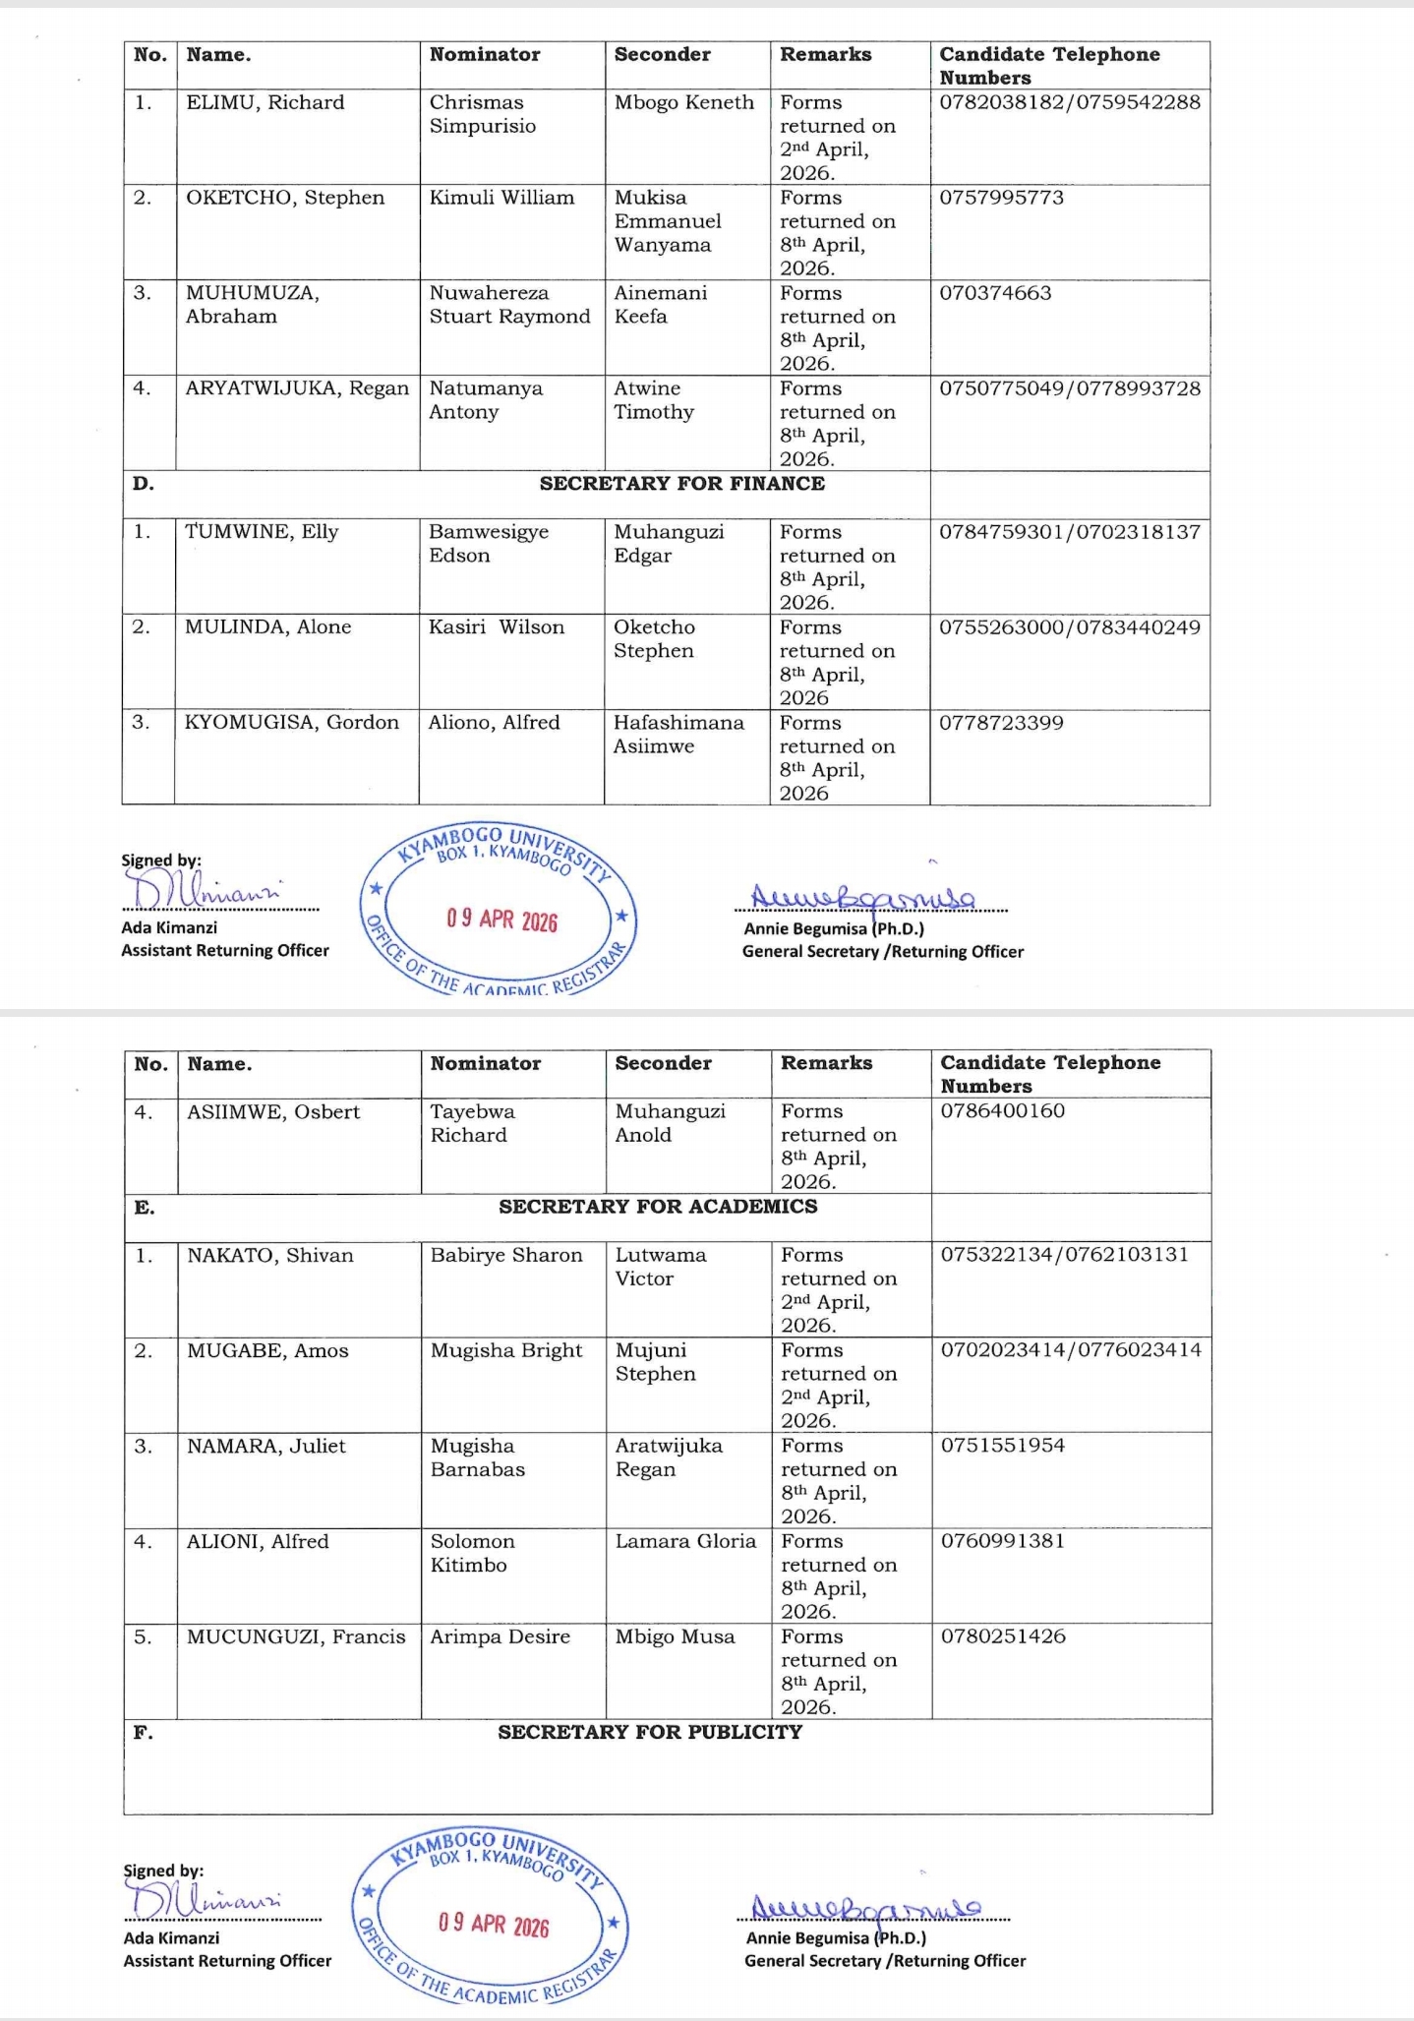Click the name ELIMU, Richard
(265, 102)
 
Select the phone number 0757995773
(1001, 198)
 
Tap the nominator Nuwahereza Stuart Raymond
(509, 305)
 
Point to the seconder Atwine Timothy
(654, 400)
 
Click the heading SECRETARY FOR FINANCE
(681, 484)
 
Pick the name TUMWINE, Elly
(262, 532)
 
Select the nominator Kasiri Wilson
(497, 627)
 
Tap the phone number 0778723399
(1001, 723)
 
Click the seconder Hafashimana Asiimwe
(678, 735)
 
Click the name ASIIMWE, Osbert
(273, 1112)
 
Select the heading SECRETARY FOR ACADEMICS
(658, 1207)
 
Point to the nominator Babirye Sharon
(506, 1256)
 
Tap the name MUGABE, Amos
(267, 1351)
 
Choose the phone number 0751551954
(1003, 1446)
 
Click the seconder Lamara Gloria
(685, 1541)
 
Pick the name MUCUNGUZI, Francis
(296, 1636)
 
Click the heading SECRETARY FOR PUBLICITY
(650, 1732)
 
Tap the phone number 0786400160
(1003, 1111)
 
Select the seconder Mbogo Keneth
(683, 102)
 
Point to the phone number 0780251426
(1003, 1636)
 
